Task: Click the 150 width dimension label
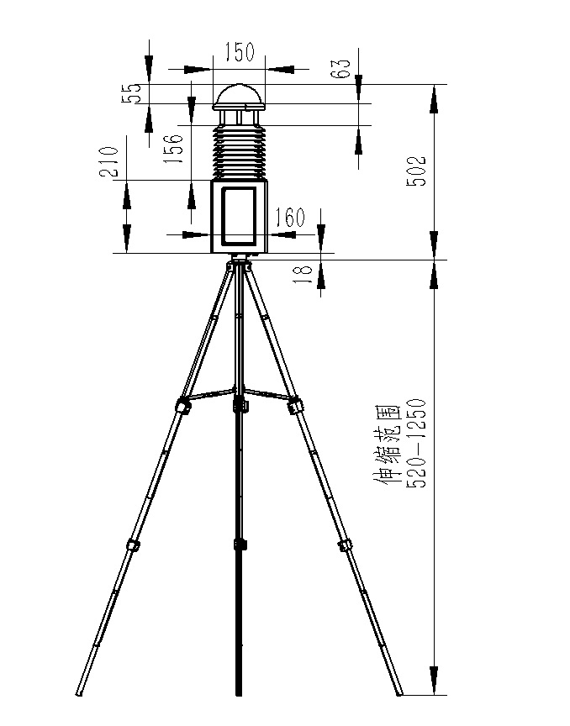pyautogui.click(x=239, y=53)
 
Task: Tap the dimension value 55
pyautogui.click(x=131, y=94)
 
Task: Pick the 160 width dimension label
pyautogui.click(x=289, y=218)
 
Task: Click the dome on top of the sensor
pyautogui.click(x=239, y=95)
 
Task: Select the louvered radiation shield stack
pyautogui.click(x=239, y=151)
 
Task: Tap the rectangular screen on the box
pyautogui.click(x=239, y=215)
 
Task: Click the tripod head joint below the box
pyautogui.click(x=239, y=263)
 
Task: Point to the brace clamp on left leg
pyautogui.click(x=182, y=406)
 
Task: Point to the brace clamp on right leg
pyautogui.click(x=294, y=407)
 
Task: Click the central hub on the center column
pyautogui.click(x=240, y=403)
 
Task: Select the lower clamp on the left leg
pyautogui.click(x=132, y=544)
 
